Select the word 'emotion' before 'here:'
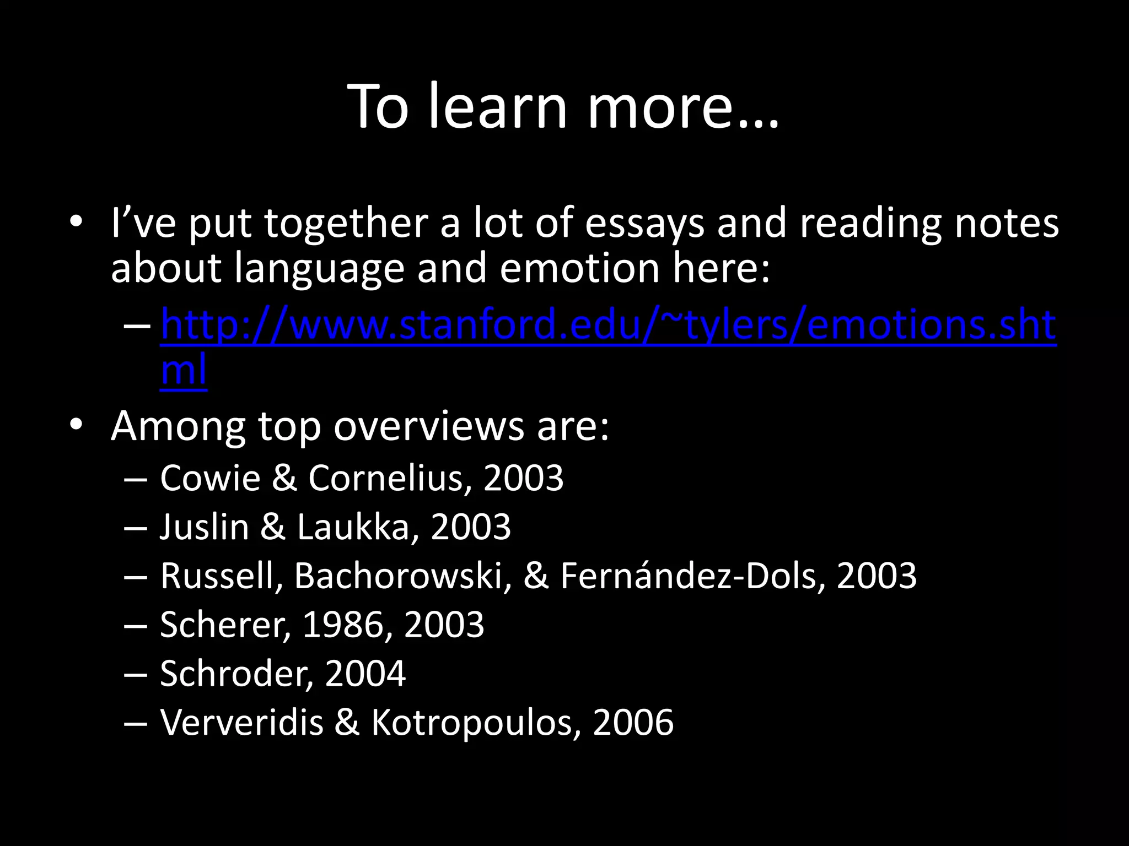[580, 269]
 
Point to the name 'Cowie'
[210, 478]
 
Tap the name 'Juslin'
[205, 527]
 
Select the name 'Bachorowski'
[403, 576]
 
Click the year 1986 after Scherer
[343, 625]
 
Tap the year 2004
[365, 674]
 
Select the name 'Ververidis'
[241, 722]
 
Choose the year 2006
[633, 722]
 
